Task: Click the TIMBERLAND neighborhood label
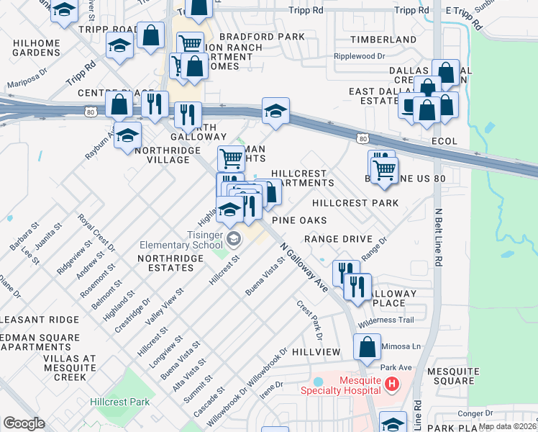373,40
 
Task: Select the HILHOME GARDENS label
37,48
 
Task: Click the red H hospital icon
391,384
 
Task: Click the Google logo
24,423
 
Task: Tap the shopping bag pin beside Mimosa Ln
367,346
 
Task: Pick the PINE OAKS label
299,220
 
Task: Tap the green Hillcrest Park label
119,402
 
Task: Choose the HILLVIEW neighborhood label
316,351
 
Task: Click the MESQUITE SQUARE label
449,376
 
